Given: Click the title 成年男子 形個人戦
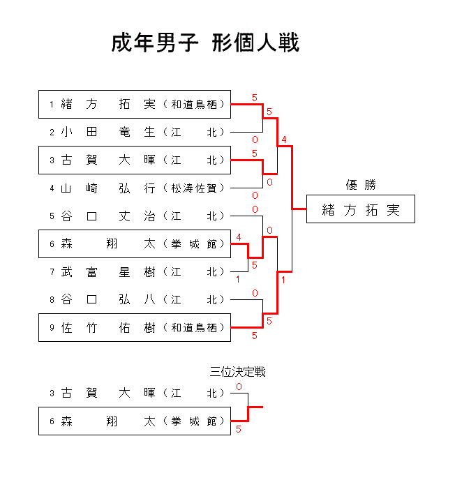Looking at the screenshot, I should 205,43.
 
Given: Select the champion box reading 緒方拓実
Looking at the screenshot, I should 360,210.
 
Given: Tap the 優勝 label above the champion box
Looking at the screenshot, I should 361,185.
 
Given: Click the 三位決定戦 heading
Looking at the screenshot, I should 238,372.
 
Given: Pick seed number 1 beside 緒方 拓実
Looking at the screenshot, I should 52,105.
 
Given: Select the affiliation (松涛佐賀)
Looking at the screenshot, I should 196,188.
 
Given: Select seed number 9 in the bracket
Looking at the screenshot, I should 52,328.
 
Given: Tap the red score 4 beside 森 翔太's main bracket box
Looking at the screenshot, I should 239,238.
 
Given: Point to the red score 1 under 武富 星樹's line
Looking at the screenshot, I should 238,280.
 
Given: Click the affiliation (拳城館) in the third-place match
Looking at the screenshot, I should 196,421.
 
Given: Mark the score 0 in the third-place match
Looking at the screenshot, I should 239,387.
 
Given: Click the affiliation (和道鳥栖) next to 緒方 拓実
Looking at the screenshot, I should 196,105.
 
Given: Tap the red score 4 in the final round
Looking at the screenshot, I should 283,140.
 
